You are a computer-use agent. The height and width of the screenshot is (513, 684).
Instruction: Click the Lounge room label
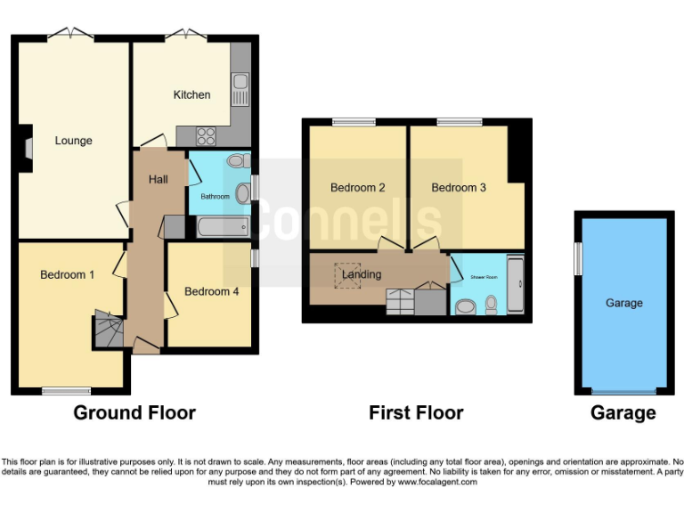73,141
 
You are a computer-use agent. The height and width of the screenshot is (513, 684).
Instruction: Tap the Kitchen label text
191,95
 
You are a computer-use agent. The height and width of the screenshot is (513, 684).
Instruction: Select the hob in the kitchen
206,136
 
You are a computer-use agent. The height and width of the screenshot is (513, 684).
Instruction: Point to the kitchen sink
240,90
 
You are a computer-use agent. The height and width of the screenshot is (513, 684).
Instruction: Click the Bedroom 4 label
211,291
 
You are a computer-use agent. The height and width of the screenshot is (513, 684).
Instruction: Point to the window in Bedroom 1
66,390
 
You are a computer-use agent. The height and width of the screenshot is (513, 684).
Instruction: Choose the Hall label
159,180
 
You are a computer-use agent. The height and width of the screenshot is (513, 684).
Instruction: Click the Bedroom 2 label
357,188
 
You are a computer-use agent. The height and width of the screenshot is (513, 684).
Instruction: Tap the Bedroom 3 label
459,188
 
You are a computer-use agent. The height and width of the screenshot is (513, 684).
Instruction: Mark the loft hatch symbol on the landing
346,276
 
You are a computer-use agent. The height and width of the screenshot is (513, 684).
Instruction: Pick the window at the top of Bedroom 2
354,122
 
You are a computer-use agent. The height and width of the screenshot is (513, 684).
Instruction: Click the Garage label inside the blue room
623,303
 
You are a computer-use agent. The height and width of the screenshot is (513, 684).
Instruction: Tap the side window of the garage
577,259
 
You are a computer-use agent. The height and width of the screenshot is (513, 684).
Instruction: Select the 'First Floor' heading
416,413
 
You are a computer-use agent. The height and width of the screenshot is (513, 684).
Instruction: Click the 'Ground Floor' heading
134,413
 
